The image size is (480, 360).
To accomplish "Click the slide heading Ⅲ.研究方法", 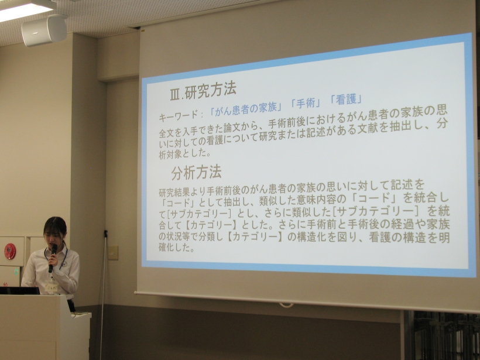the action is [x=203, y=91].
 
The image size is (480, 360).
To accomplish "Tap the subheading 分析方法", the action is [x=196, y=173].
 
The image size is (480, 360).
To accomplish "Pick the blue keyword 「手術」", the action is [x=306, y=104].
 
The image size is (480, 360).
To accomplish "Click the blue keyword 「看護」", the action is [x=346, y=99].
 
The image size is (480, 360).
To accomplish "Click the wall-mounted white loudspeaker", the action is [x=44, y=30].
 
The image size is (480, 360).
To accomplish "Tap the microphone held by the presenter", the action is [x=52, y=257].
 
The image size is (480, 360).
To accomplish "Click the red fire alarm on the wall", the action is [x=10, y=251].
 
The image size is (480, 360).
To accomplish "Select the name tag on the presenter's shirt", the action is [x=51, y=287].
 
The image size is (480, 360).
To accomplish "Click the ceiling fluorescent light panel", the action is [x=25, y=9].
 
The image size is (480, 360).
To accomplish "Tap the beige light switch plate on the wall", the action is [x=112, y=253].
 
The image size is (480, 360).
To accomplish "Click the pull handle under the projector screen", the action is [x=286, y=305].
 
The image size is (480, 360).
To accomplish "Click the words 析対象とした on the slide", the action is [x=185, y=154].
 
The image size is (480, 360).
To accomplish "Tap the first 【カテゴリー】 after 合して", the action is [x=211, y=225].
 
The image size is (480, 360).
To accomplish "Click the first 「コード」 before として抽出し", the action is [x=179, y=203].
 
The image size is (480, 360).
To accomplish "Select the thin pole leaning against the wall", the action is [x=103, y=294].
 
